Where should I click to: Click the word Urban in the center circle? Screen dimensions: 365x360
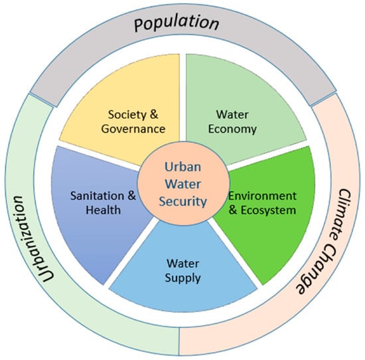pos(183,167)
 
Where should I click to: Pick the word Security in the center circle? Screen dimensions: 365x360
pos(183,201)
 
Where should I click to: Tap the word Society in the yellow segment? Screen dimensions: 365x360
pos(127,115)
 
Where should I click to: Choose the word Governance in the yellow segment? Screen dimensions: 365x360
pos(133,129)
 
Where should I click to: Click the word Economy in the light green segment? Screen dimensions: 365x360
pos(232,130)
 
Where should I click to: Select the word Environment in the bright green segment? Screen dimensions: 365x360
pos(262,196)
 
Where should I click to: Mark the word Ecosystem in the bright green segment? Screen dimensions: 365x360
pos(268,211)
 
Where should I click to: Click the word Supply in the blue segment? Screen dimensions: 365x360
pos(183,278)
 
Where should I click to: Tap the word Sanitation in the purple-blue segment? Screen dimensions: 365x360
pos(97,196)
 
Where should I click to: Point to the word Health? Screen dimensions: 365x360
pos(104,210)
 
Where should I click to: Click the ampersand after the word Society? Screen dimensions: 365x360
pos(154,114)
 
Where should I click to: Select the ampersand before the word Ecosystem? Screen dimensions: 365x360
pos(233,210)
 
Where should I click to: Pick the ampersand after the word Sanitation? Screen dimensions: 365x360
pos(131,196)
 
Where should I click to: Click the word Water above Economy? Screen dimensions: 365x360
pos(232,115)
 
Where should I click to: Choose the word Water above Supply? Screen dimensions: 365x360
pos(183,264)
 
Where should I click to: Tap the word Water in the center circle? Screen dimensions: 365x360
pos(183,184)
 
